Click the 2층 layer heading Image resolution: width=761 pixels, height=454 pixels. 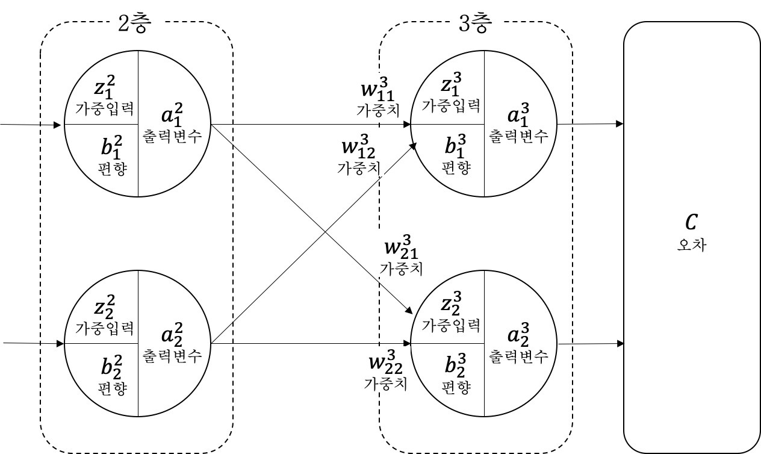135,23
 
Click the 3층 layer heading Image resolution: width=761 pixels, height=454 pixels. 476,23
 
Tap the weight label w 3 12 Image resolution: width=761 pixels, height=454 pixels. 359,146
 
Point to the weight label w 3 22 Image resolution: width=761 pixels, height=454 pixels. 386,363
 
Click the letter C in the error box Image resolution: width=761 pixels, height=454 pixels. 691,223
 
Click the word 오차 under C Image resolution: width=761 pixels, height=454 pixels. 691,244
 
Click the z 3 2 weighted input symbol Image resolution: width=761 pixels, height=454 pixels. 450,303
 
